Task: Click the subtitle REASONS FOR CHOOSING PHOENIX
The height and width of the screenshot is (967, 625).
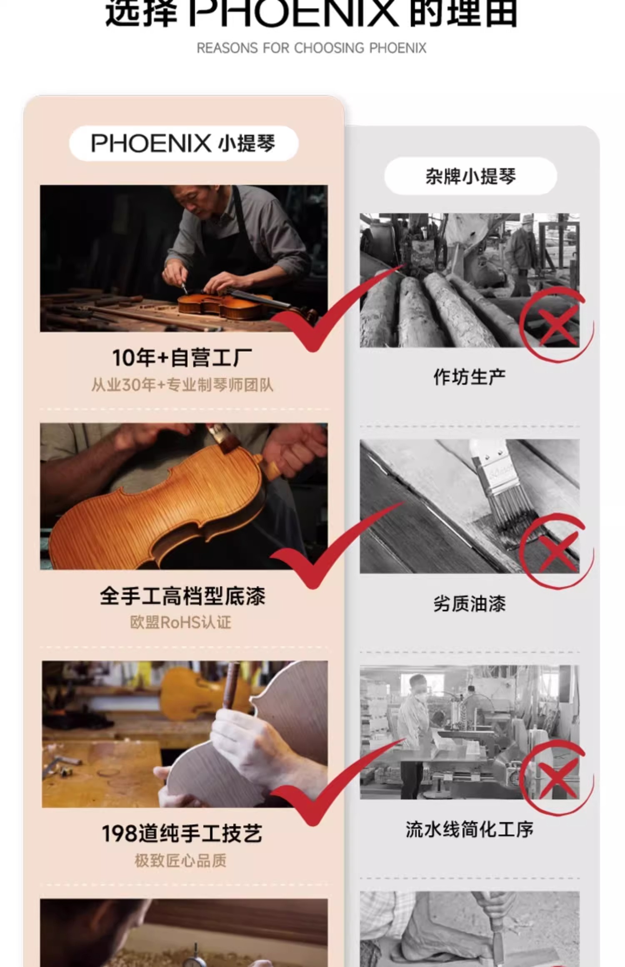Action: [311, 48]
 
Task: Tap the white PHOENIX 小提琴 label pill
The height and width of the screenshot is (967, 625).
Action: [184, 143]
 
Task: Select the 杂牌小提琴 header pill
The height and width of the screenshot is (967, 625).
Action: [470, 176]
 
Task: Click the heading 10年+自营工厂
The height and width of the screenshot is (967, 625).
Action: [182, 358]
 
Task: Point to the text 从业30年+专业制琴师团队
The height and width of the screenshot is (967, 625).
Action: [182, 385]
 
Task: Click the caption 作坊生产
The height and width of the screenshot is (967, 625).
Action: [470, 377]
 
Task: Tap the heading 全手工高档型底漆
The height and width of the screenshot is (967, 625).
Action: [182, 596]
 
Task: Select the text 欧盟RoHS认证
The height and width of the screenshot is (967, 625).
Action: [180, 623]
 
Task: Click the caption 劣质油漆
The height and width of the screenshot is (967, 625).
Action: [470, 603]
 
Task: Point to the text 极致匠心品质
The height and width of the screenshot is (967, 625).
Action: [180, 861]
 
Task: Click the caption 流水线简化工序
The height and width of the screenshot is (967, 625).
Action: [470, 830]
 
